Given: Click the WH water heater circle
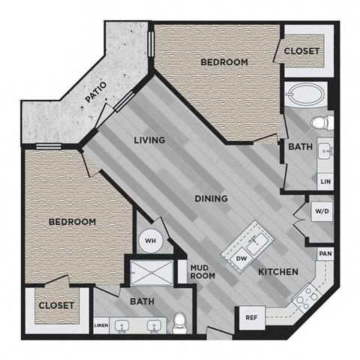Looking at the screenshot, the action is [150, 241].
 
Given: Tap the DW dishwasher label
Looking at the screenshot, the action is [241, 259].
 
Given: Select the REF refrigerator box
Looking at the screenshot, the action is [252, 318].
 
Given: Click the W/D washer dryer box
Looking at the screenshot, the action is [322, 211].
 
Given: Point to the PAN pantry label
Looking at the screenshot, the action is [325, 253].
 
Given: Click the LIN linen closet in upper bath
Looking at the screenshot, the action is [325, 181].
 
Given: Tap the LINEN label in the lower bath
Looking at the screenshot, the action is [101, 325].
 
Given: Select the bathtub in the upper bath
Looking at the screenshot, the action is [305, 94].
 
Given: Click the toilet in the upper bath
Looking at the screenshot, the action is [322, 123].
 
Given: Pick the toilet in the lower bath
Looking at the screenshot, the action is [179, 322].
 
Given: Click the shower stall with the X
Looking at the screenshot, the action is [151, 273].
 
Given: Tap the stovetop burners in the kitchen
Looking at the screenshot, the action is [307, 298].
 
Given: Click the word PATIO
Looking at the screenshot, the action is [96, 92].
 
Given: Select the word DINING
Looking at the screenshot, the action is [211, 199].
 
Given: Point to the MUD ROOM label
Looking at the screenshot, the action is [202, 271].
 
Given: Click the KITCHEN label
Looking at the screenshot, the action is [278, 271].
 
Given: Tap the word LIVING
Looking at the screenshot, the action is [149, 140].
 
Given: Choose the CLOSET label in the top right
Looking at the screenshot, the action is [301, 51].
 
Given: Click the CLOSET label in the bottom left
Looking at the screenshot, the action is [56, 305].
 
